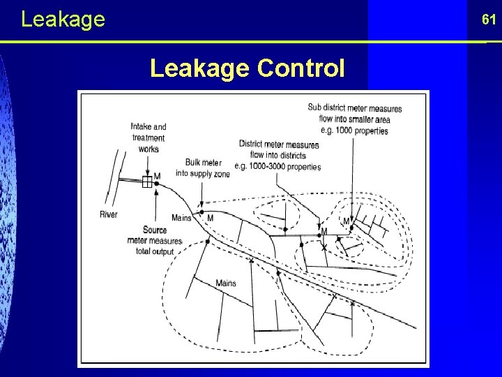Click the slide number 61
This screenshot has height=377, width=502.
[488, 20]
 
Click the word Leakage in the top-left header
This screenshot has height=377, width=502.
[63, 19]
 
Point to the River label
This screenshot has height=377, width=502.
[108, 214]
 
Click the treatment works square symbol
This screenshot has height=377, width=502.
[147, 182]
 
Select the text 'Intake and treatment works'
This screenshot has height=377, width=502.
[148, 138]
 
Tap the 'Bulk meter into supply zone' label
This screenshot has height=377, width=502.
[202, 168]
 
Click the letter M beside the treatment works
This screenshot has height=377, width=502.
[157, 176]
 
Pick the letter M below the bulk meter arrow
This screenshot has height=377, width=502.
[211, 218]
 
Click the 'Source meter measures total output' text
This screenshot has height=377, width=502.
[155, 240]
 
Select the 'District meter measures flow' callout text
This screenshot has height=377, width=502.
[279, 149]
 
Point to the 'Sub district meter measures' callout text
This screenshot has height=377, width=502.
[354, 108]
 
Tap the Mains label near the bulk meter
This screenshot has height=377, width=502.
[181, 218]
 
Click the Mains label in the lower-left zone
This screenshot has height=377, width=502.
[225, 283]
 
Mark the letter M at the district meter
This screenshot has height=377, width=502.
[324, 231]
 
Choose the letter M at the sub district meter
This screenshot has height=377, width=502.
[346, 222]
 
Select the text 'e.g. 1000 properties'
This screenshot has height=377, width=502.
[354, 131]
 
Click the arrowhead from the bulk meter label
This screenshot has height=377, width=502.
[201, 206]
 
